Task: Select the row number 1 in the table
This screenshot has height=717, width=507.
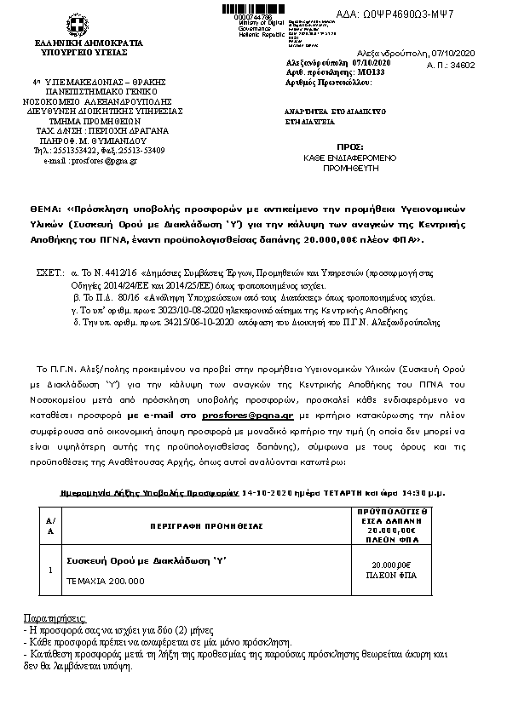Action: click(x=50, y=569)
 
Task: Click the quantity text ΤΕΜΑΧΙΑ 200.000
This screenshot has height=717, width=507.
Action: click(x=105, y=581)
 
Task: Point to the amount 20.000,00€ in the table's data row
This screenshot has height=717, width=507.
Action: click(x=391, y=565)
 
